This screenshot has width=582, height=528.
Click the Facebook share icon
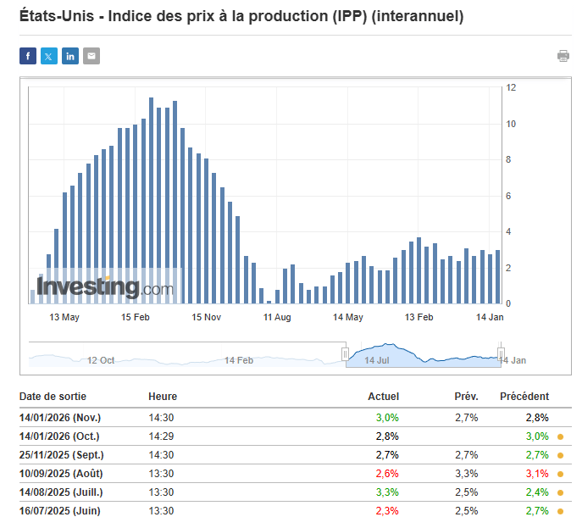pyautogui.click(x=28, y=56)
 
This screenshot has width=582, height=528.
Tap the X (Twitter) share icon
pyautogui.click(x=49, y=56)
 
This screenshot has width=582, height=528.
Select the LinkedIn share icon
pyautogui.click(x=70, y=56)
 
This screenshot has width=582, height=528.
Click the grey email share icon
pyautogui.click(x=91, y=56)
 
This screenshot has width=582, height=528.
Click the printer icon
pyautogui.click(x=563, y=56)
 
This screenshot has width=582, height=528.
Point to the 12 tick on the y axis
pyautogui.click(x=512, y=87)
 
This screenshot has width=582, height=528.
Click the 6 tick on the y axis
pyautogui.click(x=510, y=196)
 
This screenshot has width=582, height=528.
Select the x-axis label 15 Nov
pyautogui.click(x=206, y=317)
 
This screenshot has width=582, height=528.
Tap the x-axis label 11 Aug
pyautogui.click(x=277, y=317)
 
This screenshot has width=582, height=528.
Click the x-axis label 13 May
pyautogui.click(x=64, y=317)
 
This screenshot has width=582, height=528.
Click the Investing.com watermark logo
pyautogui.click(x=105, y=287)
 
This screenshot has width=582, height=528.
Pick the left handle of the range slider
pyautogui.click(x=346, y=353)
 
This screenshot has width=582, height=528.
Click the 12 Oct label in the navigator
pyautogui.click(x=101, y=360)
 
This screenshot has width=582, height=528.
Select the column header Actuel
pyautogui.click(x=383, y=397)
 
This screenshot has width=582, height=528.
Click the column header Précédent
pyautogui.click(x=524, y=397)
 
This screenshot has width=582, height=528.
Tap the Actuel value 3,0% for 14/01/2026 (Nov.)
pyautogui.click(x=387, y=417)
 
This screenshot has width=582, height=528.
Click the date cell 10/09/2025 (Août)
pyautogui.click(x=60, y=473)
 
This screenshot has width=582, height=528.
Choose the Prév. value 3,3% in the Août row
pyautogui.click(x=467, y=473)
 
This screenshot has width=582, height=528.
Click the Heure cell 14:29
pyautogui.click(x=162, y=436)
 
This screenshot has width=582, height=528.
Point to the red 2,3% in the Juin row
pyautogui.click(x=387, y=511)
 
